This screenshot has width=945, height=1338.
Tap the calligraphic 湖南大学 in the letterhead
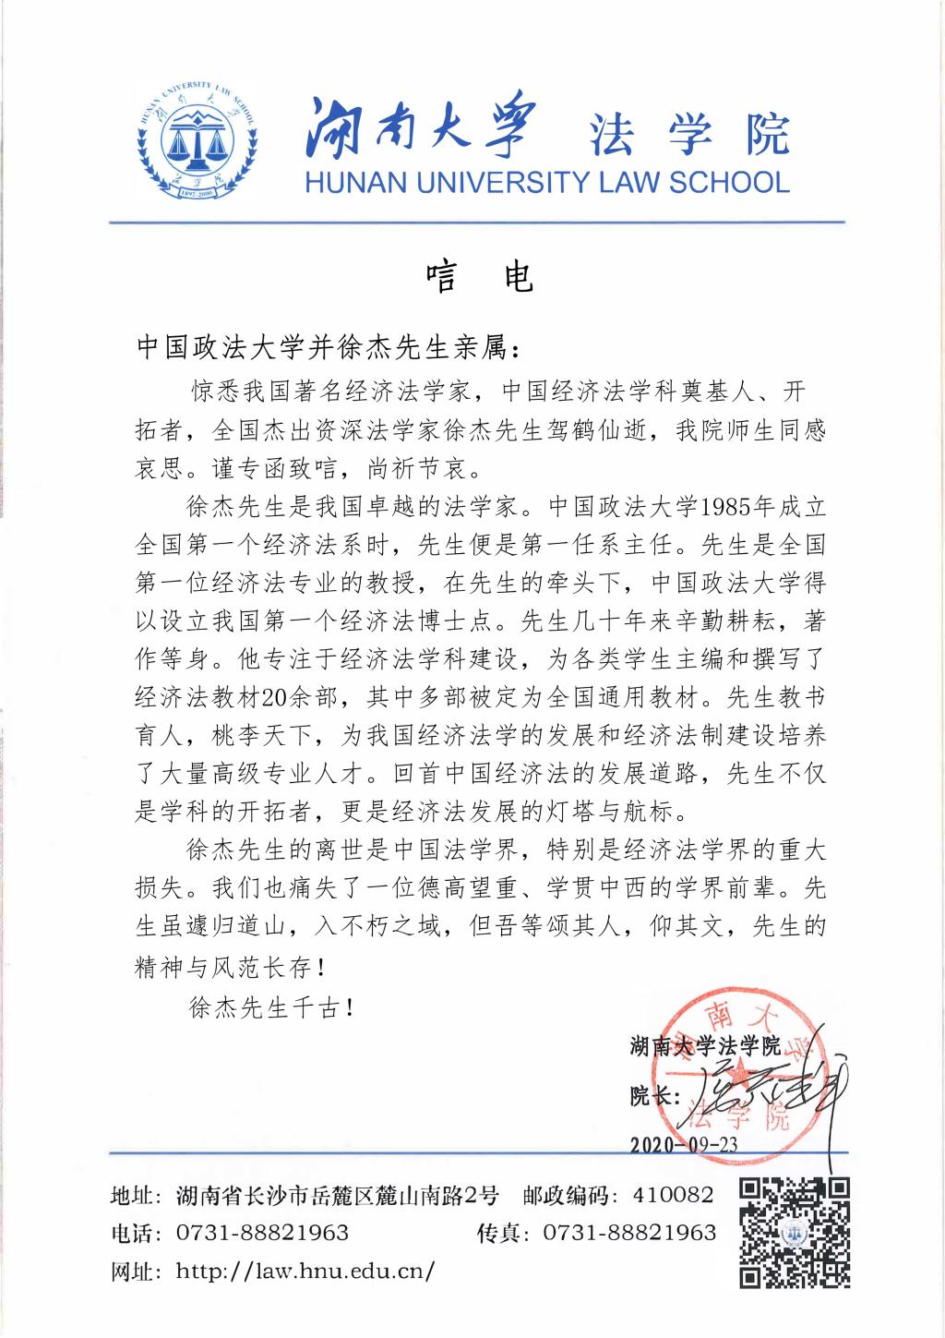click(x=421, y=129)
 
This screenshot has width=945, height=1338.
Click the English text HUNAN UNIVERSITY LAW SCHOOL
click(x=546, y=182)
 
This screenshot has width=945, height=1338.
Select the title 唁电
click(x=479, y=276)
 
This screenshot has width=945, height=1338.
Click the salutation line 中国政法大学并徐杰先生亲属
click(x=328, y=348)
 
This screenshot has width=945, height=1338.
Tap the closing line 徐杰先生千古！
click(x=272, y=1007)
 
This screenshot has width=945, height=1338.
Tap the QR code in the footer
click(x=795, y=1233)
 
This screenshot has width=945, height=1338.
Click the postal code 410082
click(x=673, y=1196)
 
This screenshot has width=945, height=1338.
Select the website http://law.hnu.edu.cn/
click(x=305, y=1271)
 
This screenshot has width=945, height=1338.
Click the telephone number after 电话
click(x=262, y=1233)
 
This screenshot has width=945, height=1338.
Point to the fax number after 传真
click(x=629, y=1233)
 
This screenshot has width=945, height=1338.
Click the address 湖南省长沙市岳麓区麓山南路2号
click(x=337, y=1196)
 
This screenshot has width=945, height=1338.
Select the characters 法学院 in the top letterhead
click(x=690, y=136)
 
